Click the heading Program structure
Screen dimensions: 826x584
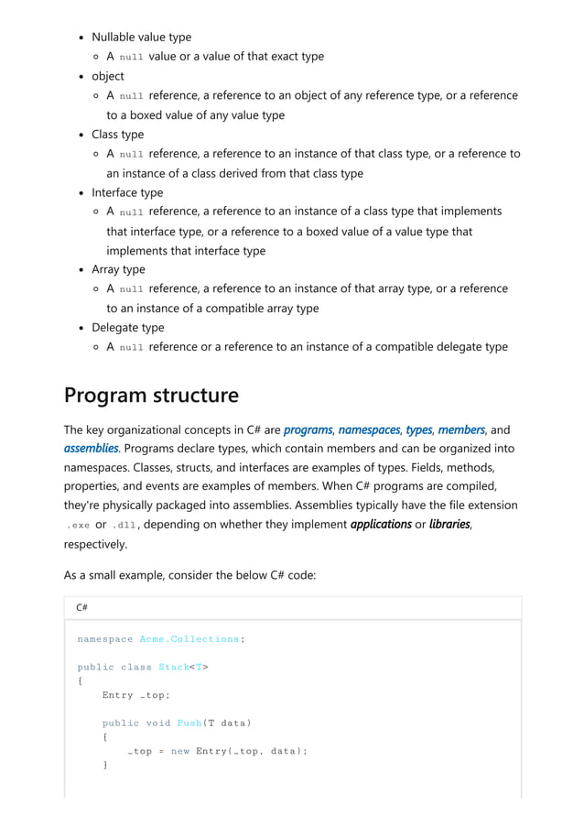(x=151, y=396)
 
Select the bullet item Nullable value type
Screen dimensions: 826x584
(x=141, y=38)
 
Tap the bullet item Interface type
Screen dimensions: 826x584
(x=127, y=192)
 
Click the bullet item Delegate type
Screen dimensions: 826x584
(x=128, y=327)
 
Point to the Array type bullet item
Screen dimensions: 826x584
(x=118, y=269)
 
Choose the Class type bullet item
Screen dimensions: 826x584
(x=117, y=135)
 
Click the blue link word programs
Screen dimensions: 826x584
(x=308, y=429)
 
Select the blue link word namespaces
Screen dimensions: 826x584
(x=369, y=429)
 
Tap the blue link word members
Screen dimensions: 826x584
(x=461, y=429)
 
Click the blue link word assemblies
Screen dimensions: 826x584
(x=91, y=449)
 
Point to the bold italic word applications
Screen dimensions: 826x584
(x=381, y=525)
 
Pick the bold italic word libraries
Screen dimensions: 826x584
(x=448, y=525)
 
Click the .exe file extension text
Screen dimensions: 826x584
(x=78, y=526)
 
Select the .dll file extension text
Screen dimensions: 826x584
(x=125, y=526)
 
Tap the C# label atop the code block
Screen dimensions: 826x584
(x=81, y=607)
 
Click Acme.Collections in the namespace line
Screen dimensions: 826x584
(x=189, y=639)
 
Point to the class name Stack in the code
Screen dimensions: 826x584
(x=173, y=667)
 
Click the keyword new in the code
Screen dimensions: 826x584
(x=179, y=752)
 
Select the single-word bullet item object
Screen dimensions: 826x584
(x=108, y=76)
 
